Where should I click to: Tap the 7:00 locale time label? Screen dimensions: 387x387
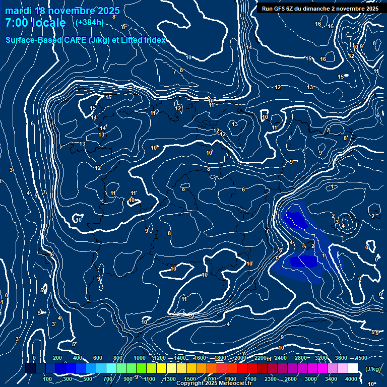(x=35, y=23)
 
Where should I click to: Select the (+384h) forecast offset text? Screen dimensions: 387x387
(x=89, y=23)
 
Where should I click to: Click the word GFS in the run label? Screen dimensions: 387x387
(x=280, y=9)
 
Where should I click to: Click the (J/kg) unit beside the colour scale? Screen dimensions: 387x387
(x=373, y=369)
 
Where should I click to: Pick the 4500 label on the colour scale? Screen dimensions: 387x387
(x=361, y=358)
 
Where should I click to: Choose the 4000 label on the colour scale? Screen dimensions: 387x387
(x=351, y=379)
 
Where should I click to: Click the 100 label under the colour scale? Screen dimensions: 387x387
(x=48, y=379)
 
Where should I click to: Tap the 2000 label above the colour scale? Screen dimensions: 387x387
(x=240, y=358)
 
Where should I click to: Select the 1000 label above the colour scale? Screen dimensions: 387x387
(x=140, y=358)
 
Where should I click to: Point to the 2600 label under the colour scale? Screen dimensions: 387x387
(x=291, y=379)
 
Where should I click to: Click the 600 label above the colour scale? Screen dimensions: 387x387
(x=98, y=358)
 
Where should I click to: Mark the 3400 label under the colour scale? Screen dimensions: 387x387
(x=331, y=379)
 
